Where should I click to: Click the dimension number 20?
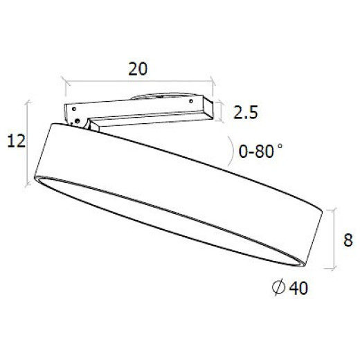click(138, 70)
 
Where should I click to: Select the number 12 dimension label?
click(16, 141)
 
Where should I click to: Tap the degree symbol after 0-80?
click(280, 145)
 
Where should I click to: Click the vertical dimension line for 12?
click(28, 143)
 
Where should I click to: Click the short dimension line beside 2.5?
click(220, 110)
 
